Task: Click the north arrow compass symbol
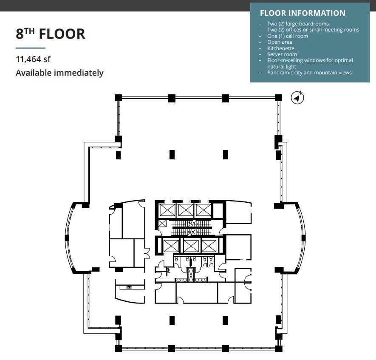pos(297,97)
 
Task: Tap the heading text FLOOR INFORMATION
pos(302,13)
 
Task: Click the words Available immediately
pos(59,73)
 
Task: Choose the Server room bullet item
pos(282,54)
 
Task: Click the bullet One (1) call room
pos(288,36)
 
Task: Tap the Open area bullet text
pos(280,42)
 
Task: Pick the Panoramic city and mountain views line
pos(309,73)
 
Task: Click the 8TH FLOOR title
pos(51,34)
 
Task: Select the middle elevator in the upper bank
pos(185,210)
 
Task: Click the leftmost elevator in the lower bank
pos(170,246)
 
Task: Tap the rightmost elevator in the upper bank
pos(203,210)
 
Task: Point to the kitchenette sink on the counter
pos(129,288)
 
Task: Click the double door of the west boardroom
pos(147,253)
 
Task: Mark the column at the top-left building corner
pos(119,98)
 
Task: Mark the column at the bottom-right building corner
pos(279,349)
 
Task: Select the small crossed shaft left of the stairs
pos(162,224)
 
